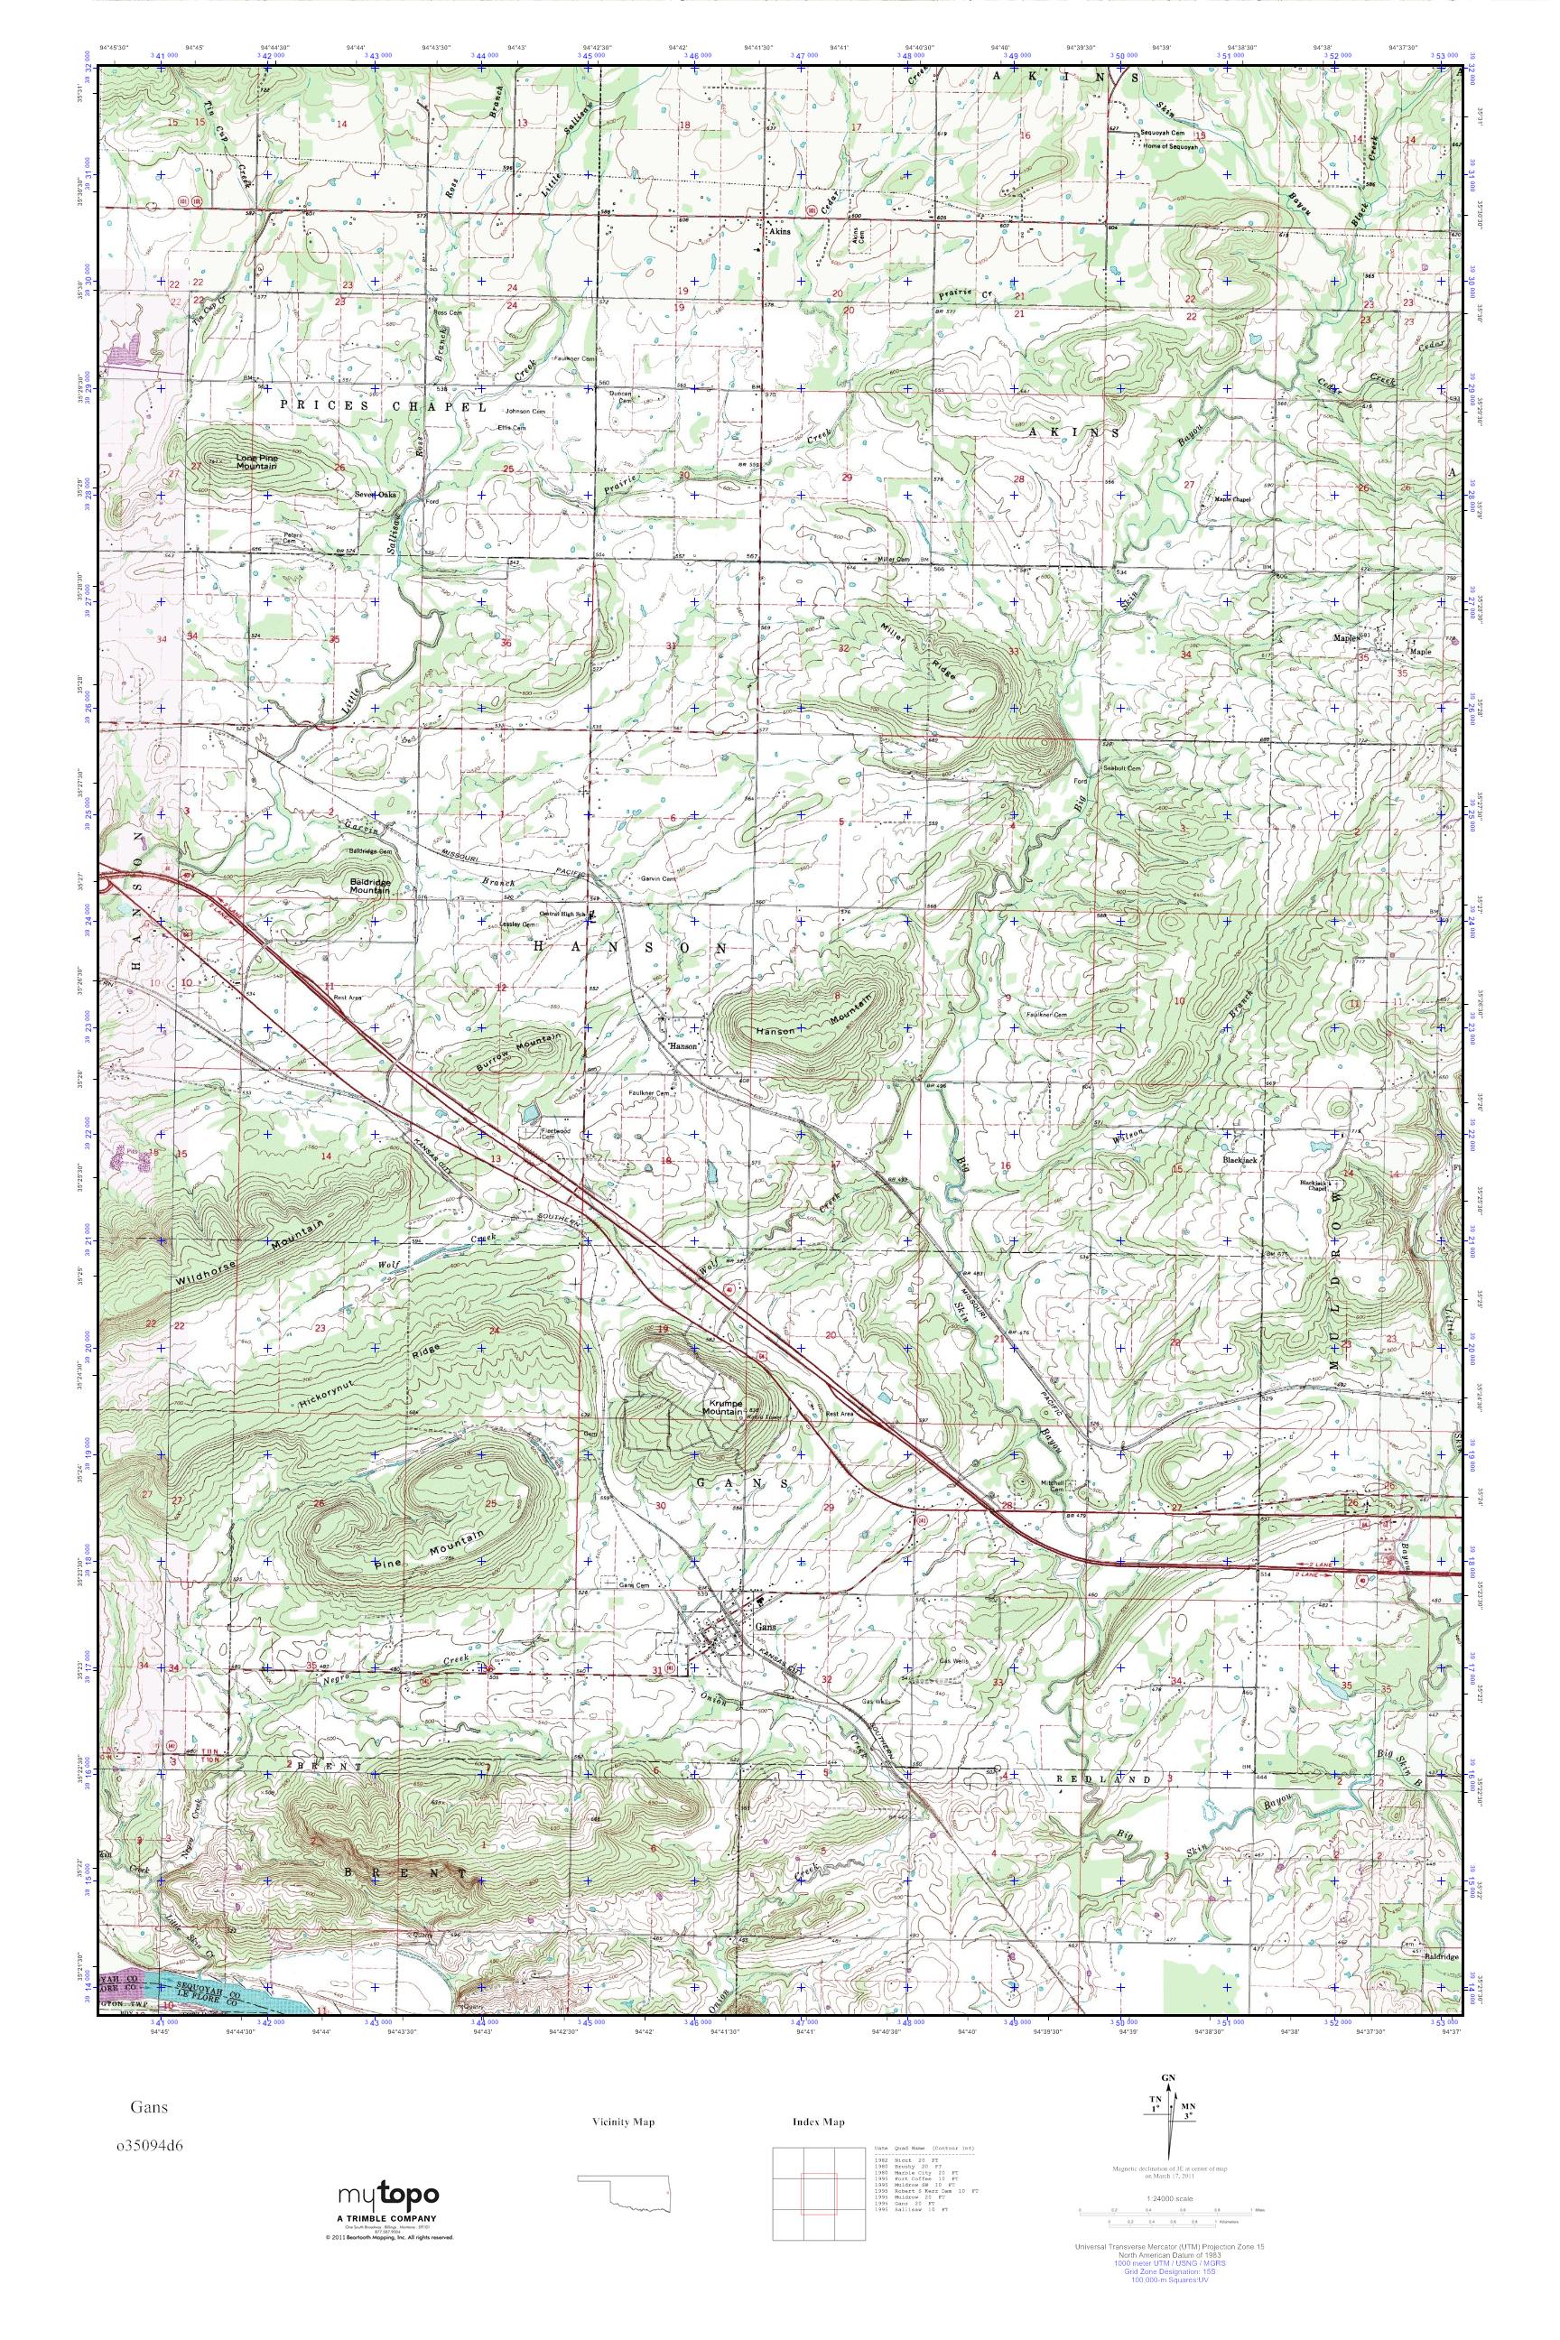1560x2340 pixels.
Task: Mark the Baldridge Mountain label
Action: coord(368,886)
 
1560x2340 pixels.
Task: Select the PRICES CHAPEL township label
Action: coord(382,406)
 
